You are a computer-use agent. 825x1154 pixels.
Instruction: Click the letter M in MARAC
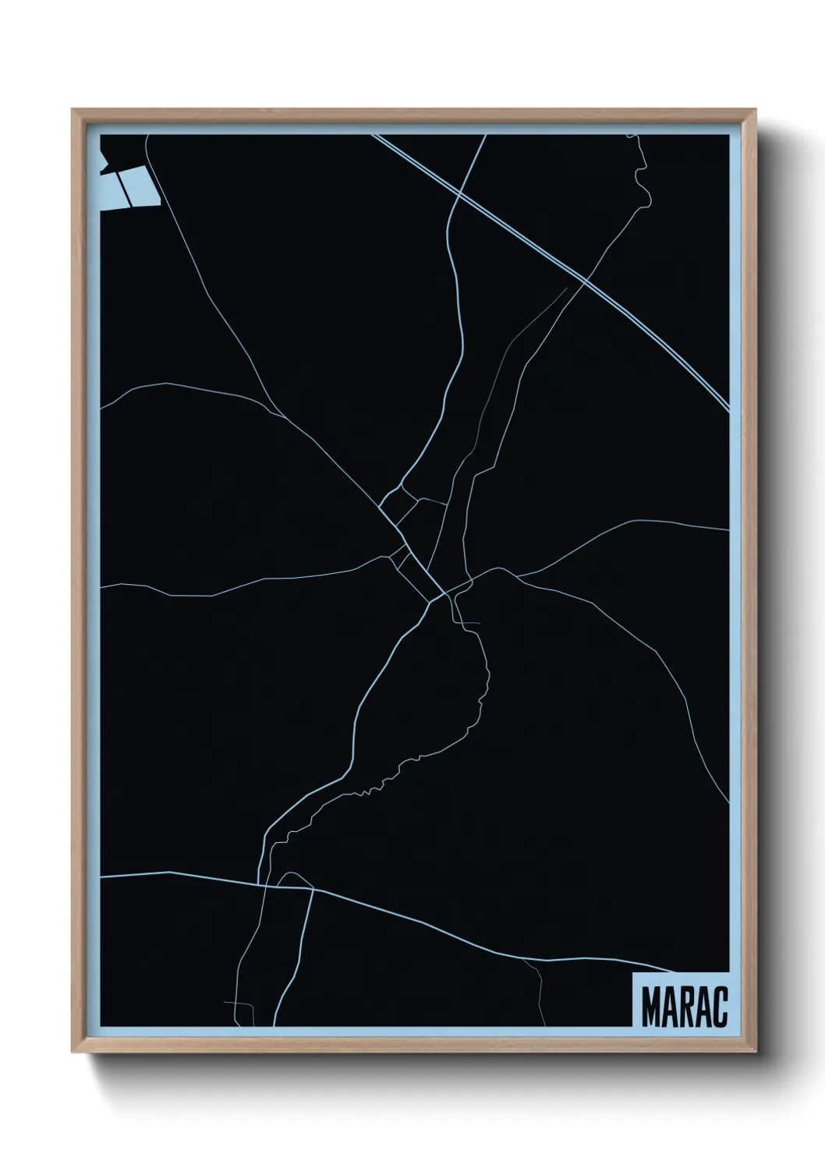coord(651,1007)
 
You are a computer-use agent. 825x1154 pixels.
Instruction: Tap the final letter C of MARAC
coord(720,1007)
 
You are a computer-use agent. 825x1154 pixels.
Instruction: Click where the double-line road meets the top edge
coord(375,136)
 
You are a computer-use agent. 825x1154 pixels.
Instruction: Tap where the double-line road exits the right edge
coord(728,407)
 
